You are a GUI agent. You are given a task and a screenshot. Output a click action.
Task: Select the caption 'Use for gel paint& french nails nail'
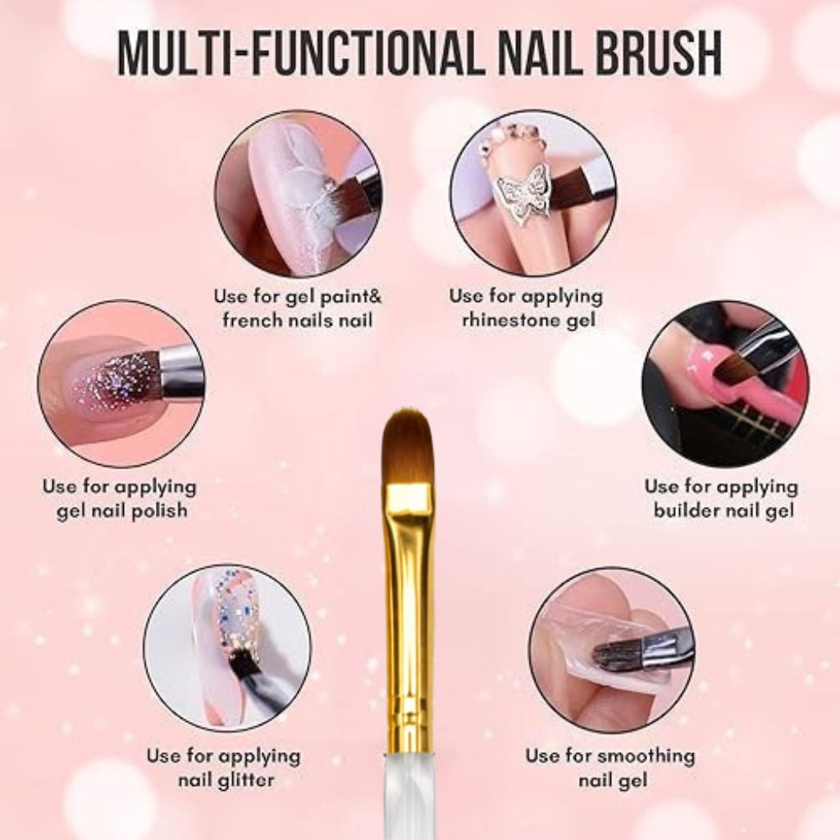click(298, 308)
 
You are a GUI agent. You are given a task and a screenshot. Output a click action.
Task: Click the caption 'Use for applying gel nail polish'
click(121, 498)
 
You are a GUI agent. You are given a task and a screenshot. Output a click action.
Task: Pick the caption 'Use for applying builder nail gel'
click(720, 498)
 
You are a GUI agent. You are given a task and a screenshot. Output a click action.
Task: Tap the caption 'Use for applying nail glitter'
click(223, 767)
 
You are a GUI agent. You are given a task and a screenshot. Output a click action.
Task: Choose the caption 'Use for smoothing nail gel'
click(609, 767)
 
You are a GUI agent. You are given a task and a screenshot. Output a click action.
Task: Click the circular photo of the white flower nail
click(298, 193)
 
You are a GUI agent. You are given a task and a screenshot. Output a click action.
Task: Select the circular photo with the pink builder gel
click(725, 383)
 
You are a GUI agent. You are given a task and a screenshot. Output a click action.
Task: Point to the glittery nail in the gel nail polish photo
click(107, 384)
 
